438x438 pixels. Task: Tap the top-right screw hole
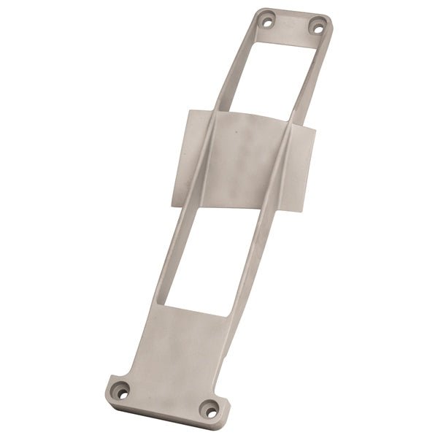317,28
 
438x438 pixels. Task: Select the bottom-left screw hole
122,393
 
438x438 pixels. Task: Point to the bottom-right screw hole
210,412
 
